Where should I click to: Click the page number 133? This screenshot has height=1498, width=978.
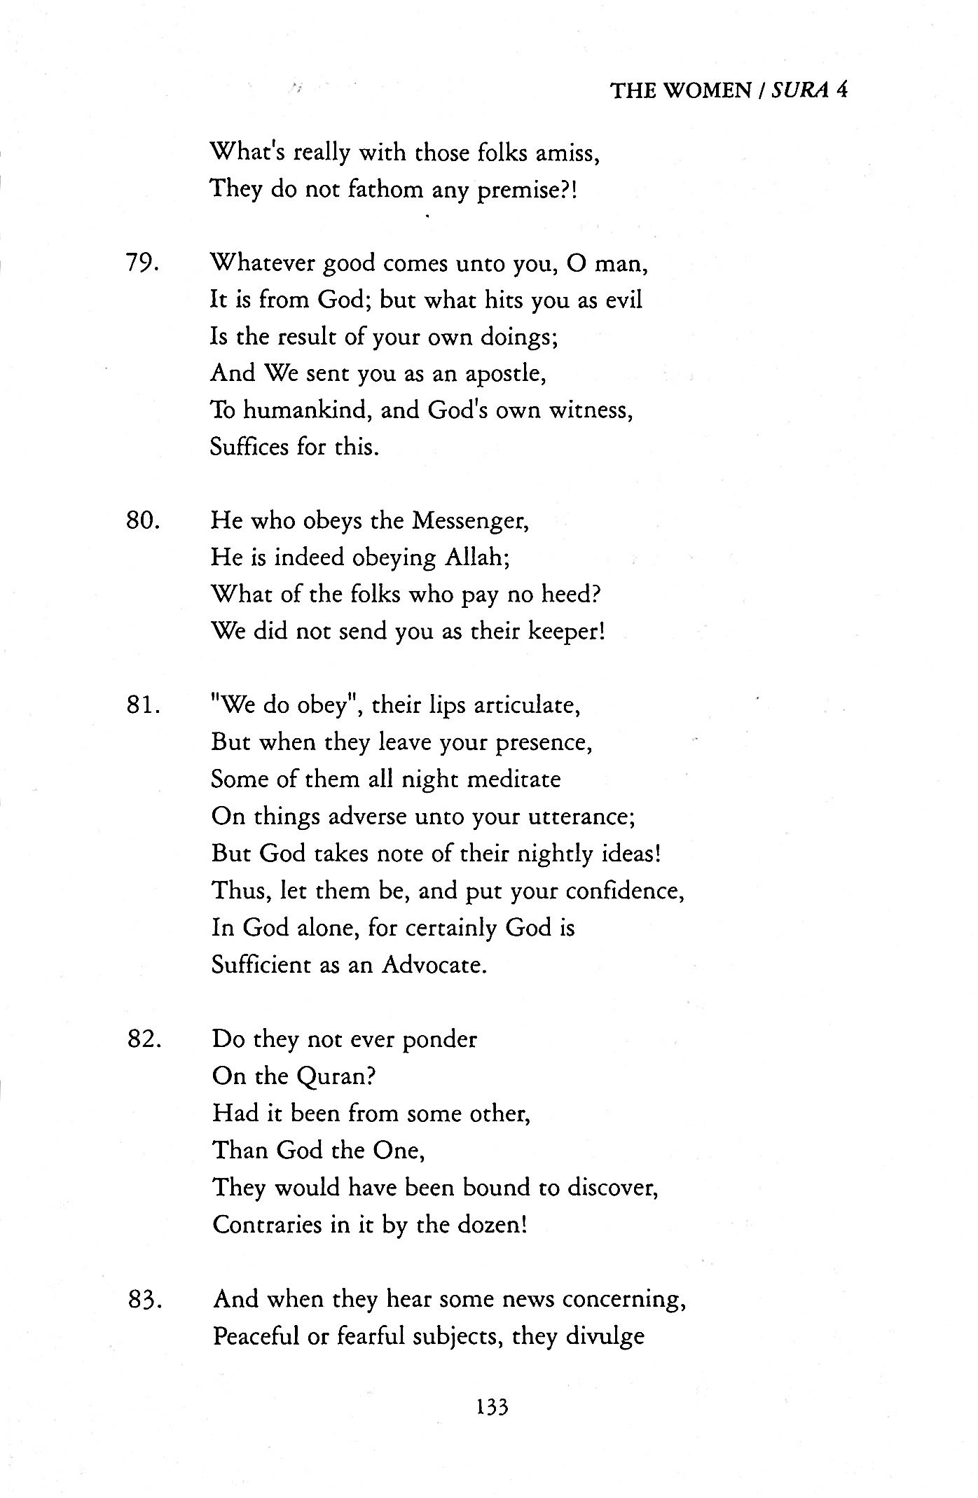click(x=491, y=1406)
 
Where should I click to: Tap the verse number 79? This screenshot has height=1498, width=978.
click(x=145, y=264)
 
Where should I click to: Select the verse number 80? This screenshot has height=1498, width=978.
click(x=145, y=521)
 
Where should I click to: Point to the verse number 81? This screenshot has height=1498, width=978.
click(x=145, y=705)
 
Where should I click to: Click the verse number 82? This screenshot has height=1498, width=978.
click(x=145, y=1039)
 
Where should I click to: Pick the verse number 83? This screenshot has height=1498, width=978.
click(x=145, y=1300)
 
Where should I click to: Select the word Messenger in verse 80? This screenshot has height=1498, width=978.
click(x=469, y=522)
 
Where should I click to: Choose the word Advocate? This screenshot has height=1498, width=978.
click(x=433, y=966)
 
